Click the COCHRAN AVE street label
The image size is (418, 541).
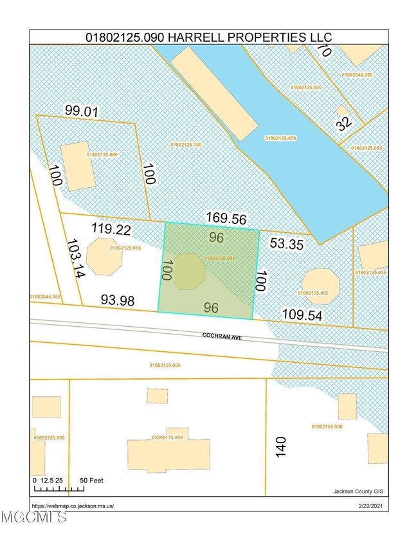click(x=222, y=336)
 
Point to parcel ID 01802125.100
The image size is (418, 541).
click(x=186, y=144)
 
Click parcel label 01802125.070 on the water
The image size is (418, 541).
click(x=283, y=138)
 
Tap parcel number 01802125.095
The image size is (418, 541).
click(x=125, y=248)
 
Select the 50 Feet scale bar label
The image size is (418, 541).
click(x=92, y=481)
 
